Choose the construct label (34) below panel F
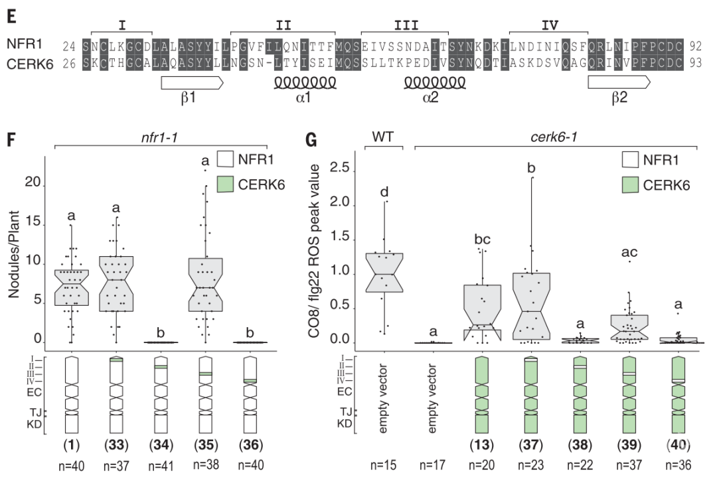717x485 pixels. [164, 443]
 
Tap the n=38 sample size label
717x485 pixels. [204, 464]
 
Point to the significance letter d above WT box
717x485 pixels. [384, 192]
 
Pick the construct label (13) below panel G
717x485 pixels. [480, 443]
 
